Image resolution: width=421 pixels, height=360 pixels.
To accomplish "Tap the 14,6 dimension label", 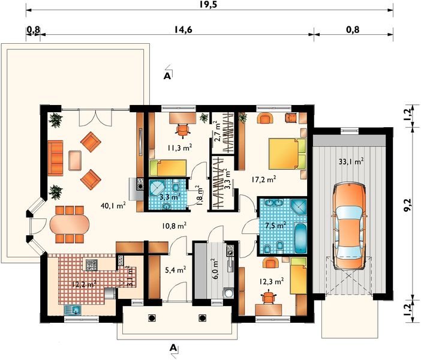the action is tap(184, 29).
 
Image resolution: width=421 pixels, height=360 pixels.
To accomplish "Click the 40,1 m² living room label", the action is tap(113, 206).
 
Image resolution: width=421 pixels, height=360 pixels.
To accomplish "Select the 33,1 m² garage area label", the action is tap(351, 162).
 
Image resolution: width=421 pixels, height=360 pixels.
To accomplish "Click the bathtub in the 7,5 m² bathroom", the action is tap(300, 237).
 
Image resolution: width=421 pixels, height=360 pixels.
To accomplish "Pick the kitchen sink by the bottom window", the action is tap(73, 310).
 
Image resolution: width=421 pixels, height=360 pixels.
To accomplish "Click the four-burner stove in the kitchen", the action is tap(91, 265).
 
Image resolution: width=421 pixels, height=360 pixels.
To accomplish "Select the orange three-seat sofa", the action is tap(55, 158).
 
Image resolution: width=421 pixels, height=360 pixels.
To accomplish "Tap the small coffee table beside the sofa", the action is tap(75, 161).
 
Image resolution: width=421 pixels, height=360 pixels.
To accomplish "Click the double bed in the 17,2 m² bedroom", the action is tap(287, 154).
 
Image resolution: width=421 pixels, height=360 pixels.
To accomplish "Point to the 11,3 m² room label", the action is tap(180, 148).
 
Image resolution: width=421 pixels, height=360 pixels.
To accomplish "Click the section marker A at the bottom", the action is tap(173, 348).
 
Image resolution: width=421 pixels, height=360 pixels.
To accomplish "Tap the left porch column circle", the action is tap(152, 318).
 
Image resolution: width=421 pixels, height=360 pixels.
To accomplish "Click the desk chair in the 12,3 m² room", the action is tap(269, 297).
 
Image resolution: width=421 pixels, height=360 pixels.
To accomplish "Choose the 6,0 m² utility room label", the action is tap(215, 270).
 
